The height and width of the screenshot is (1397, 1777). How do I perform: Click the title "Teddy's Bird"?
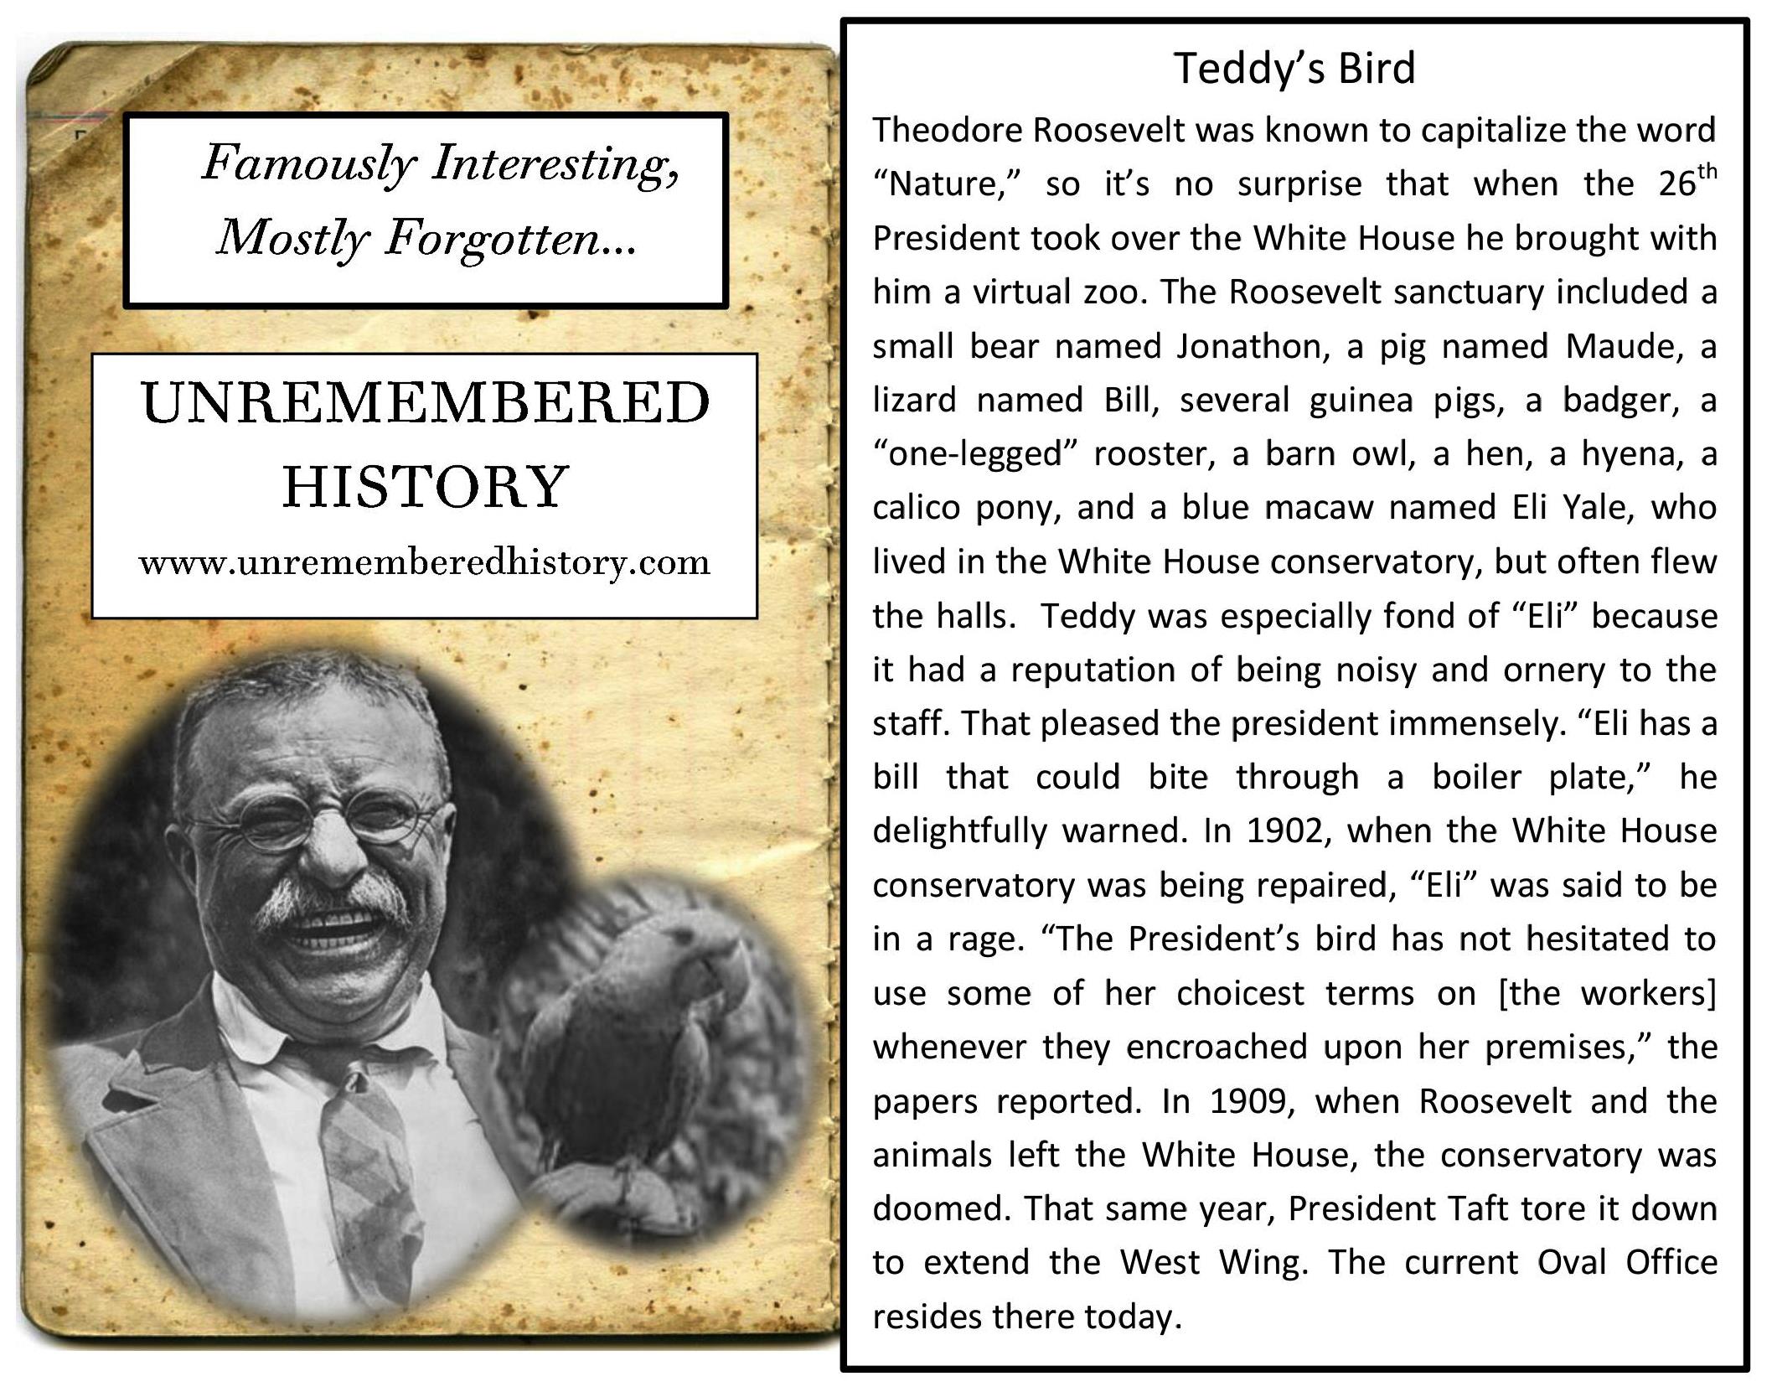1294,68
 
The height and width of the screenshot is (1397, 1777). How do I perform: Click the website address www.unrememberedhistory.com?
425,562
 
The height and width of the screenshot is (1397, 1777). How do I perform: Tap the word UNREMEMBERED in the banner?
425,403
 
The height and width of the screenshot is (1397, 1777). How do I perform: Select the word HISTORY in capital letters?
425,487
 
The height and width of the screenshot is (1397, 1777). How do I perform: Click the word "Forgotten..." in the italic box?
511,239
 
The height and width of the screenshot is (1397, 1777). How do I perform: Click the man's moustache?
335,901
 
